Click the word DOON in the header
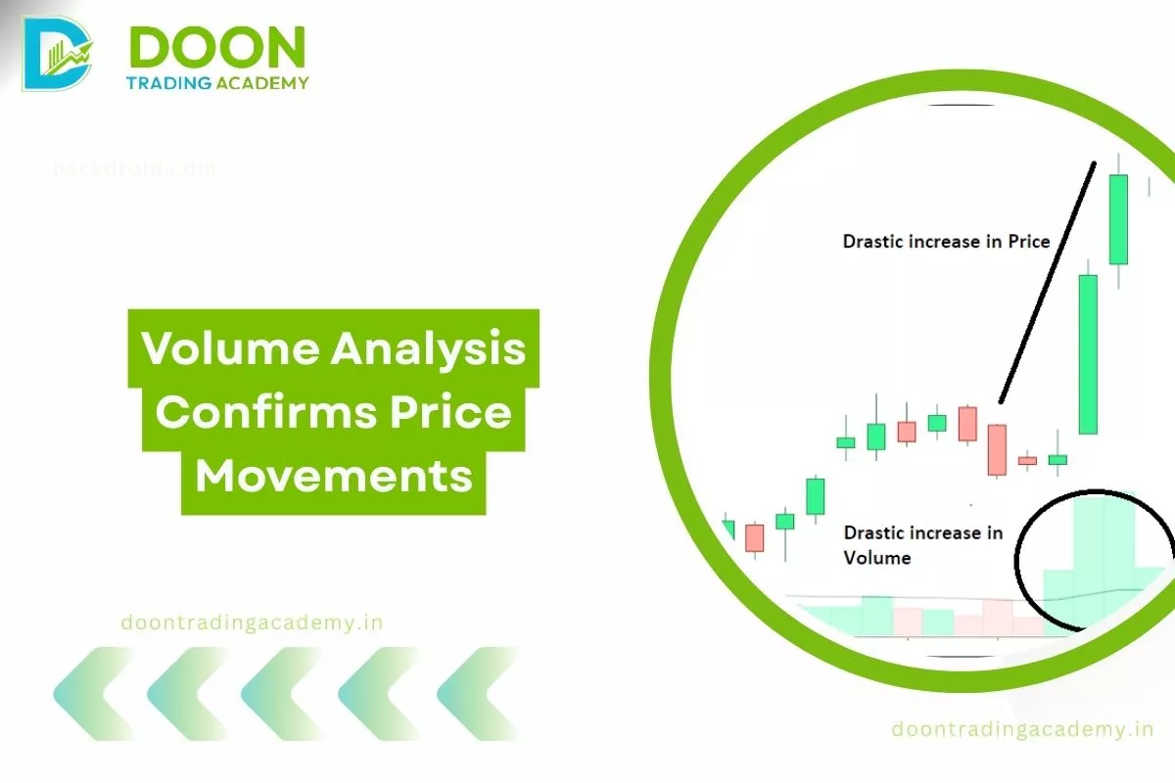pyautogui.click(x=217, y=46)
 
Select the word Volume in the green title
pyautogui.click(x=227, y=348)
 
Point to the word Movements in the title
pyautogui.click(x=334, y=477)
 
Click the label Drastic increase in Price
pyautogui.click(x=946, y=241)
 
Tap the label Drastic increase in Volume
pyautogui.click(x=922, y=545)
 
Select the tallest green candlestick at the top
pyautogui.click(x=1118, y=219)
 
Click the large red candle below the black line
pyautogui.click(x=997, y=449)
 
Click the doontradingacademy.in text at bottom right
pyautogui.click(x=1022, y=729)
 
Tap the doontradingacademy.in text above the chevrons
pyautogui.click(x=251, y=622)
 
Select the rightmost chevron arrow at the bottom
pyautogui.click(x=480, y=693)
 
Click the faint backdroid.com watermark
pyautogui.click(x=134, y=168)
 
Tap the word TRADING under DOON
pyautogui.click(x=169, y=83)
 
